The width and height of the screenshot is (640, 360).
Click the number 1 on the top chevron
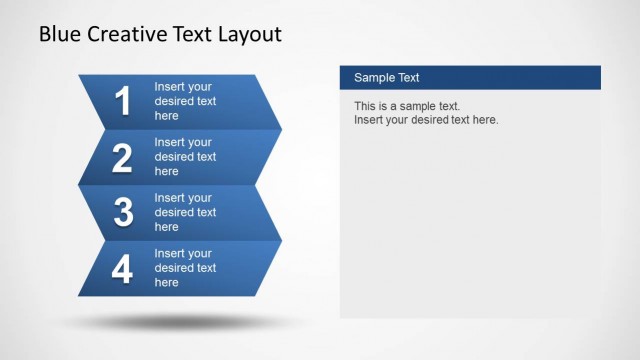123,101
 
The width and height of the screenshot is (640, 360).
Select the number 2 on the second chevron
123,157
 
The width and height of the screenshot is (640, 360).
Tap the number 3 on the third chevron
123,212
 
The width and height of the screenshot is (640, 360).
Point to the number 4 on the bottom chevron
123,268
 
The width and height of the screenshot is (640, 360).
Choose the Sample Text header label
386,78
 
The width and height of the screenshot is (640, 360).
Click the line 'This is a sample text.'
407,106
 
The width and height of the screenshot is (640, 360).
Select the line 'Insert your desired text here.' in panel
426,120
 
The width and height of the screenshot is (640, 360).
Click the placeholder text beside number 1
185,101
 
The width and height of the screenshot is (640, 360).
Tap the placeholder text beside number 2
185,157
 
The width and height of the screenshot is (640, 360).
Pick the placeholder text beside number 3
185,212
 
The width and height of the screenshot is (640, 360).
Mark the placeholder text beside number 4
185,268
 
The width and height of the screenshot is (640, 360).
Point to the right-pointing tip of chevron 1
277,128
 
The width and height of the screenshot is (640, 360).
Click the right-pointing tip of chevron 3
277,239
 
